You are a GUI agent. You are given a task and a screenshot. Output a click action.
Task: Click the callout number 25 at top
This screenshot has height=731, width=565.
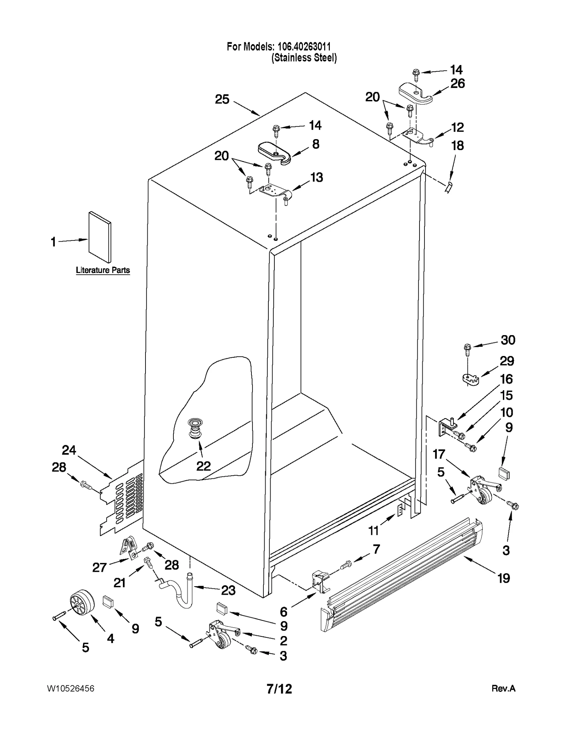[222, 99]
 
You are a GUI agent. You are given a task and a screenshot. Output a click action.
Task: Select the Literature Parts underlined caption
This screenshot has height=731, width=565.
[103, 270]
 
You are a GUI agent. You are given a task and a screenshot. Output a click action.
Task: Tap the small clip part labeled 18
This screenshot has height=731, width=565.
[448, 186]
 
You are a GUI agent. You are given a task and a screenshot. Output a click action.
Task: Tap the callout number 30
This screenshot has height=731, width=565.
[508, 340]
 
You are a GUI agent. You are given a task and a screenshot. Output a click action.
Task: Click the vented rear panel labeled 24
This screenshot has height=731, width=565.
[122, 500]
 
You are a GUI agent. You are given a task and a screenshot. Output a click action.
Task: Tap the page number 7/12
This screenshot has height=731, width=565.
[279, 689]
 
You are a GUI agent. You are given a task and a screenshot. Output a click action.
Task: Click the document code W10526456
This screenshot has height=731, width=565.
[70, 689]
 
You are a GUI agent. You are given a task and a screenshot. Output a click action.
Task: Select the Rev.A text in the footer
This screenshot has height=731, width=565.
[503, 689]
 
